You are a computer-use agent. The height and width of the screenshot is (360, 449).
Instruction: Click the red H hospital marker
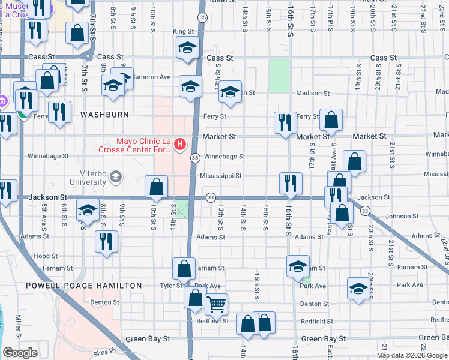point(179,144)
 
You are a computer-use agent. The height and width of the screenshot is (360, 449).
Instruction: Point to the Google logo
point(20,353)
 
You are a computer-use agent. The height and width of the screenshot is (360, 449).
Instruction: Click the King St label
point(184,31)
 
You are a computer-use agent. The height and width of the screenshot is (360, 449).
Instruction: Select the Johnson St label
point(402,216)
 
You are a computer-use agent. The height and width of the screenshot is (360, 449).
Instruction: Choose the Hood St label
point(46,255)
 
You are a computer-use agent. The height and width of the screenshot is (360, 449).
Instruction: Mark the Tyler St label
point(170,285)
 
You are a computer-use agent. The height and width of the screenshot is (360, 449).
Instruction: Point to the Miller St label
point(19,325)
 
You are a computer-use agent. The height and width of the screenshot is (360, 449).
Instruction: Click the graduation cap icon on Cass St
point(188,48)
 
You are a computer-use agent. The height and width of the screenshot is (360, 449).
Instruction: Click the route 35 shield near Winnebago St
point(195,157)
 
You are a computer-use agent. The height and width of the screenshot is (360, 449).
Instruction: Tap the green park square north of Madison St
point(279,76)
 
